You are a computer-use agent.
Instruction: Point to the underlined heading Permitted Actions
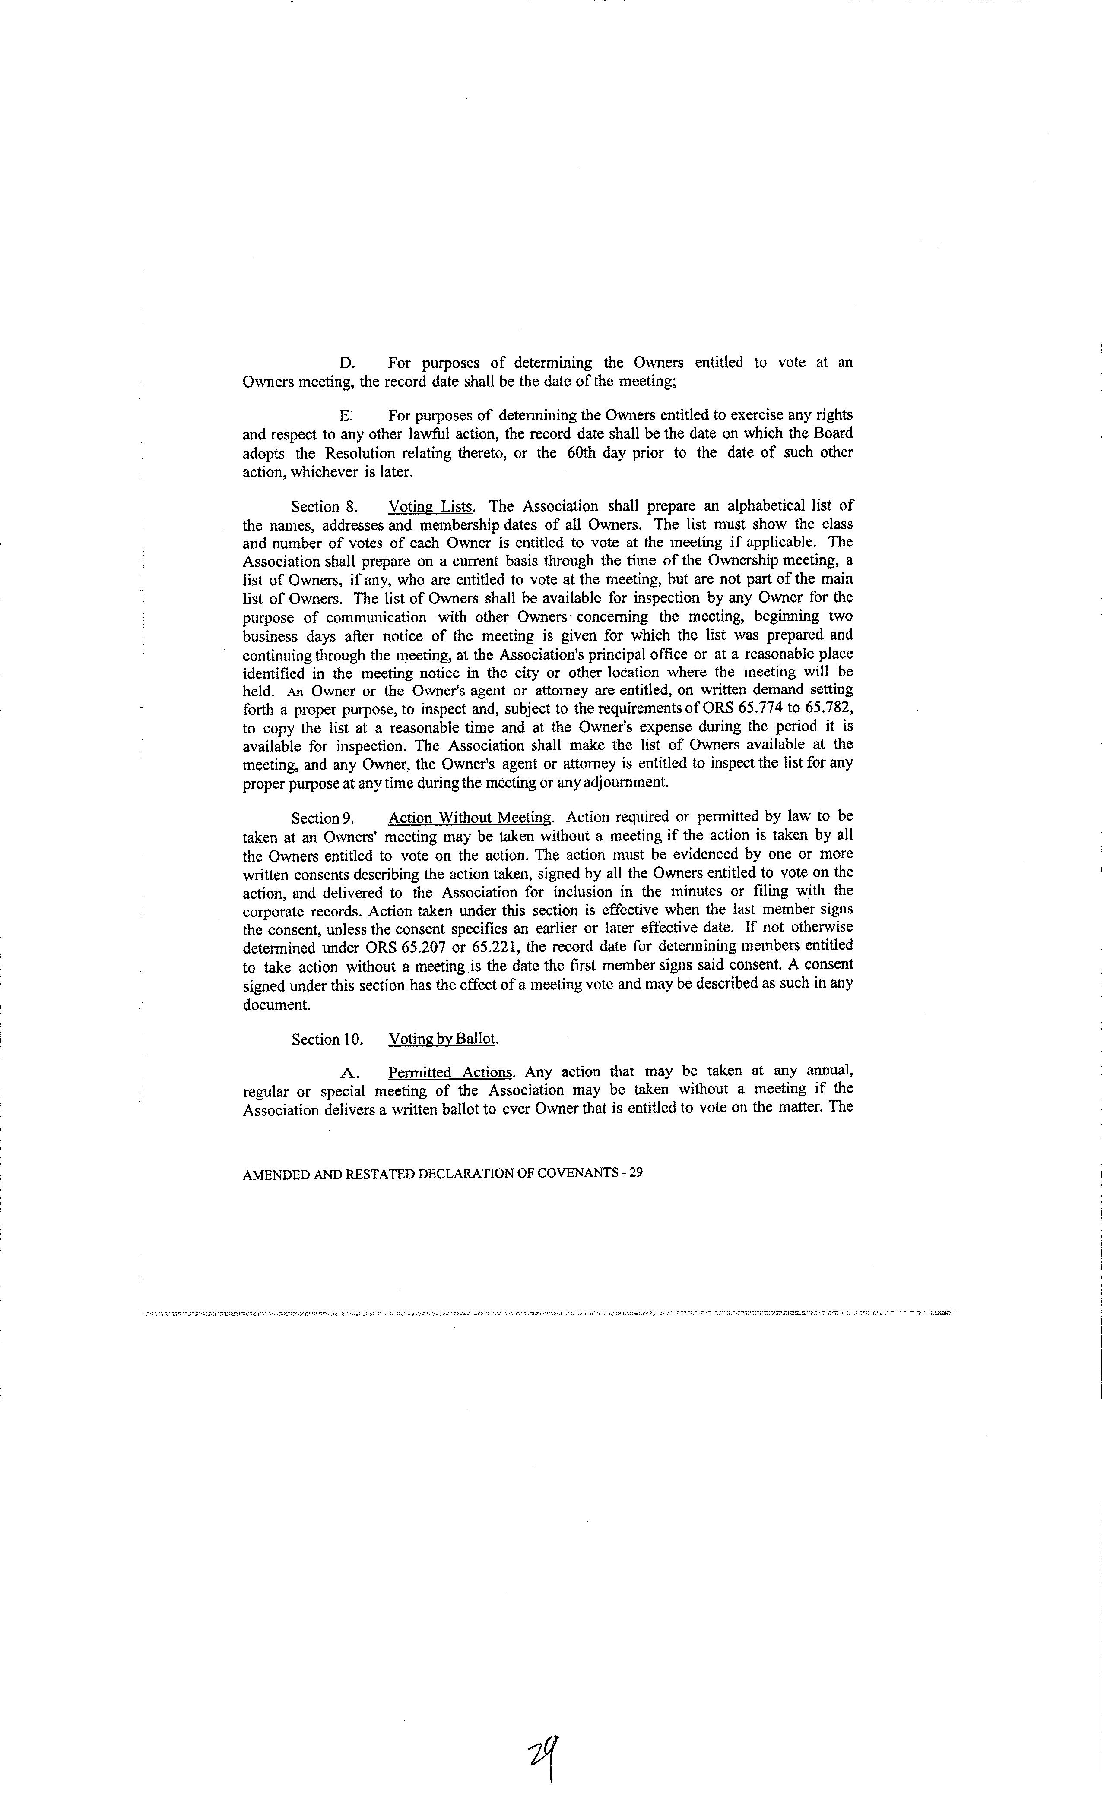click(x=450, y=1072)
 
